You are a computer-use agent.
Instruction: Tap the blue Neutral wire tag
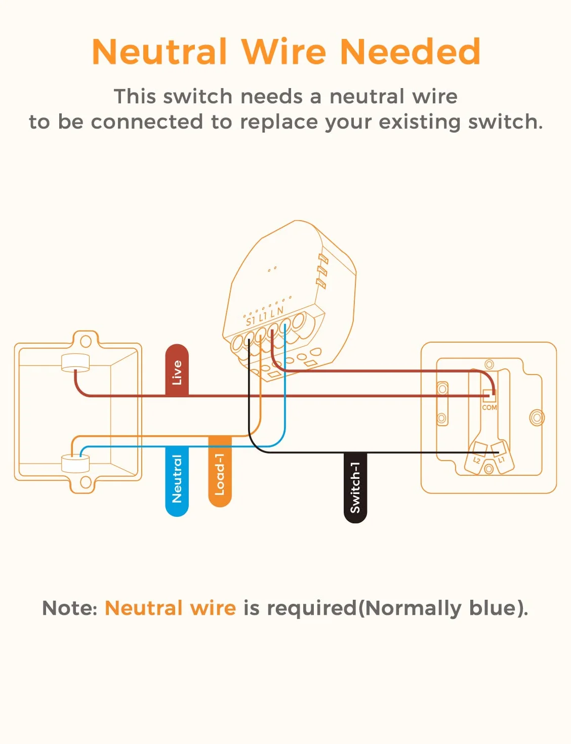tap(177, 481)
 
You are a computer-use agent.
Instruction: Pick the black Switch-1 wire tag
tap(355, 487)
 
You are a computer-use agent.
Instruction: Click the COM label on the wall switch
tap(489, 407)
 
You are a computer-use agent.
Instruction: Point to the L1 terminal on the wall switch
tap(503, 458)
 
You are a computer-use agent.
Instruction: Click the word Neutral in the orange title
tap(159, 52)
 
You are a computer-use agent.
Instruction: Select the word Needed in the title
tap(411, 52)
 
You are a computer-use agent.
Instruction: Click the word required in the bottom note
tap(312, 609)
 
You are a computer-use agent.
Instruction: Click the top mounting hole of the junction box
tap(86, 341)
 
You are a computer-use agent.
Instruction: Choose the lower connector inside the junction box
tap(75, 464)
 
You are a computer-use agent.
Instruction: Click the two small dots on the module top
tap(272, 269)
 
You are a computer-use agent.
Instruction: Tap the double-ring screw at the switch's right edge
tap(537, 418)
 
